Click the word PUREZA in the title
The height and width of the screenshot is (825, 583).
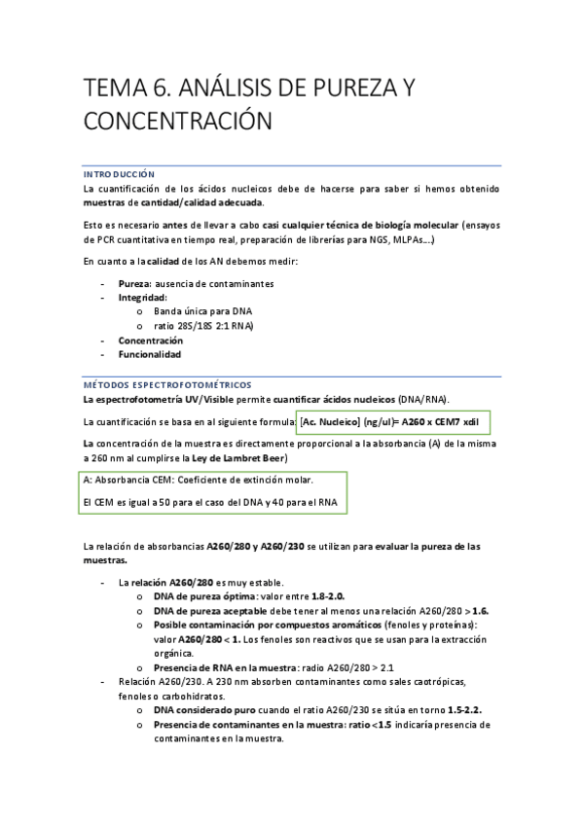point(348,89)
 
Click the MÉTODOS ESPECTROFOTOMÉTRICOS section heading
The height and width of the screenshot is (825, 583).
point(166,384)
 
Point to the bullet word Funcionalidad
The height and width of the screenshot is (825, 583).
point(149,355)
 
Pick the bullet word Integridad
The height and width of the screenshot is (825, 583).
point(142,297)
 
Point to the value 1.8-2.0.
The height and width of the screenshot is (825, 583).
point(328,595)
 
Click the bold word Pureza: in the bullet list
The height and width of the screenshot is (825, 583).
point(135,283)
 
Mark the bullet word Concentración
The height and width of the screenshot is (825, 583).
point(150,341)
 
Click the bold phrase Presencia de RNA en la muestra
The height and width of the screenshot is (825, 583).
point(227,667)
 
